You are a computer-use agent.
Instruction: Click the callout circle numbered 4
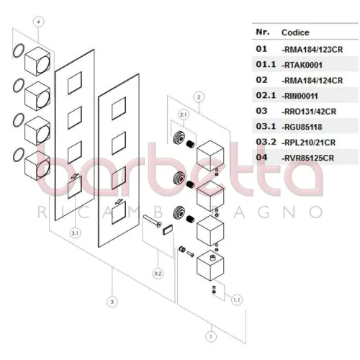pos(38,22)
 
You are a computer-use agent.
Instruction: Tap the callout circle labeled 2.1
pos(184,114)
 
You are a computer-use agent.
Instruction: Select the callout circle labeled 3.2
pos(158,274)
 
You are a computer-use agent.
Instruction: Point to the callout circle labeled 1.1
pos(237,300)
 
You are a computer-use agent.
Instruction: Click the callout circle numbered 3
pos(112,302)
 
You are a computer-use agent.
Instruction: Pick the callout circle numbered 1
pos(211,336)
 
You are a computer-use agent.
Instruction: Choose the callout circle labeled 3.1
pos(75,233)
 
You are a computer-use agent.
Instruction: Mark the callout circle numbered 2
pos(199,97)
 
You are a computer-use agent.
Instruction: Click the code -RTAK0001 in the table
pos(302,65)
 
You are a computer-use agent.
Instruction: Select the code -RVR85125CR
pos(307,158)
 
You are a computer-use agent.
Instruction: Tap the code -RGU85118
pos(302,127)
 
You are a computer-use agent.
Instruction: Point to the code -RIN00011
pos(300,96)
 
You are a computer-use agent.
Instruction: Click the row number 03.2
pos(266,142)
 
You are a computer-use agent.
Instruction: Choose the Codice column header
pos(295,32)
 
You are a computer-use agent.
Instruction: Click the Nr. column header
pos(263,32)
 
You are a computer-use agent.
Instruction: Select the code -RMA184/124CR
pos(312,81)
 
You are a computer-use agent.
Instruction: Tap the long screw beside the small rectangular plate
pos(153,221)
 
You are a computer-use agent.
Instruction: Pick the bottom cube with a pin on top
pos(210,266)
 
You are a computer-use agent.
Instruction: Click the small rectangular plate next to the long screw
pos(168,230)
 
